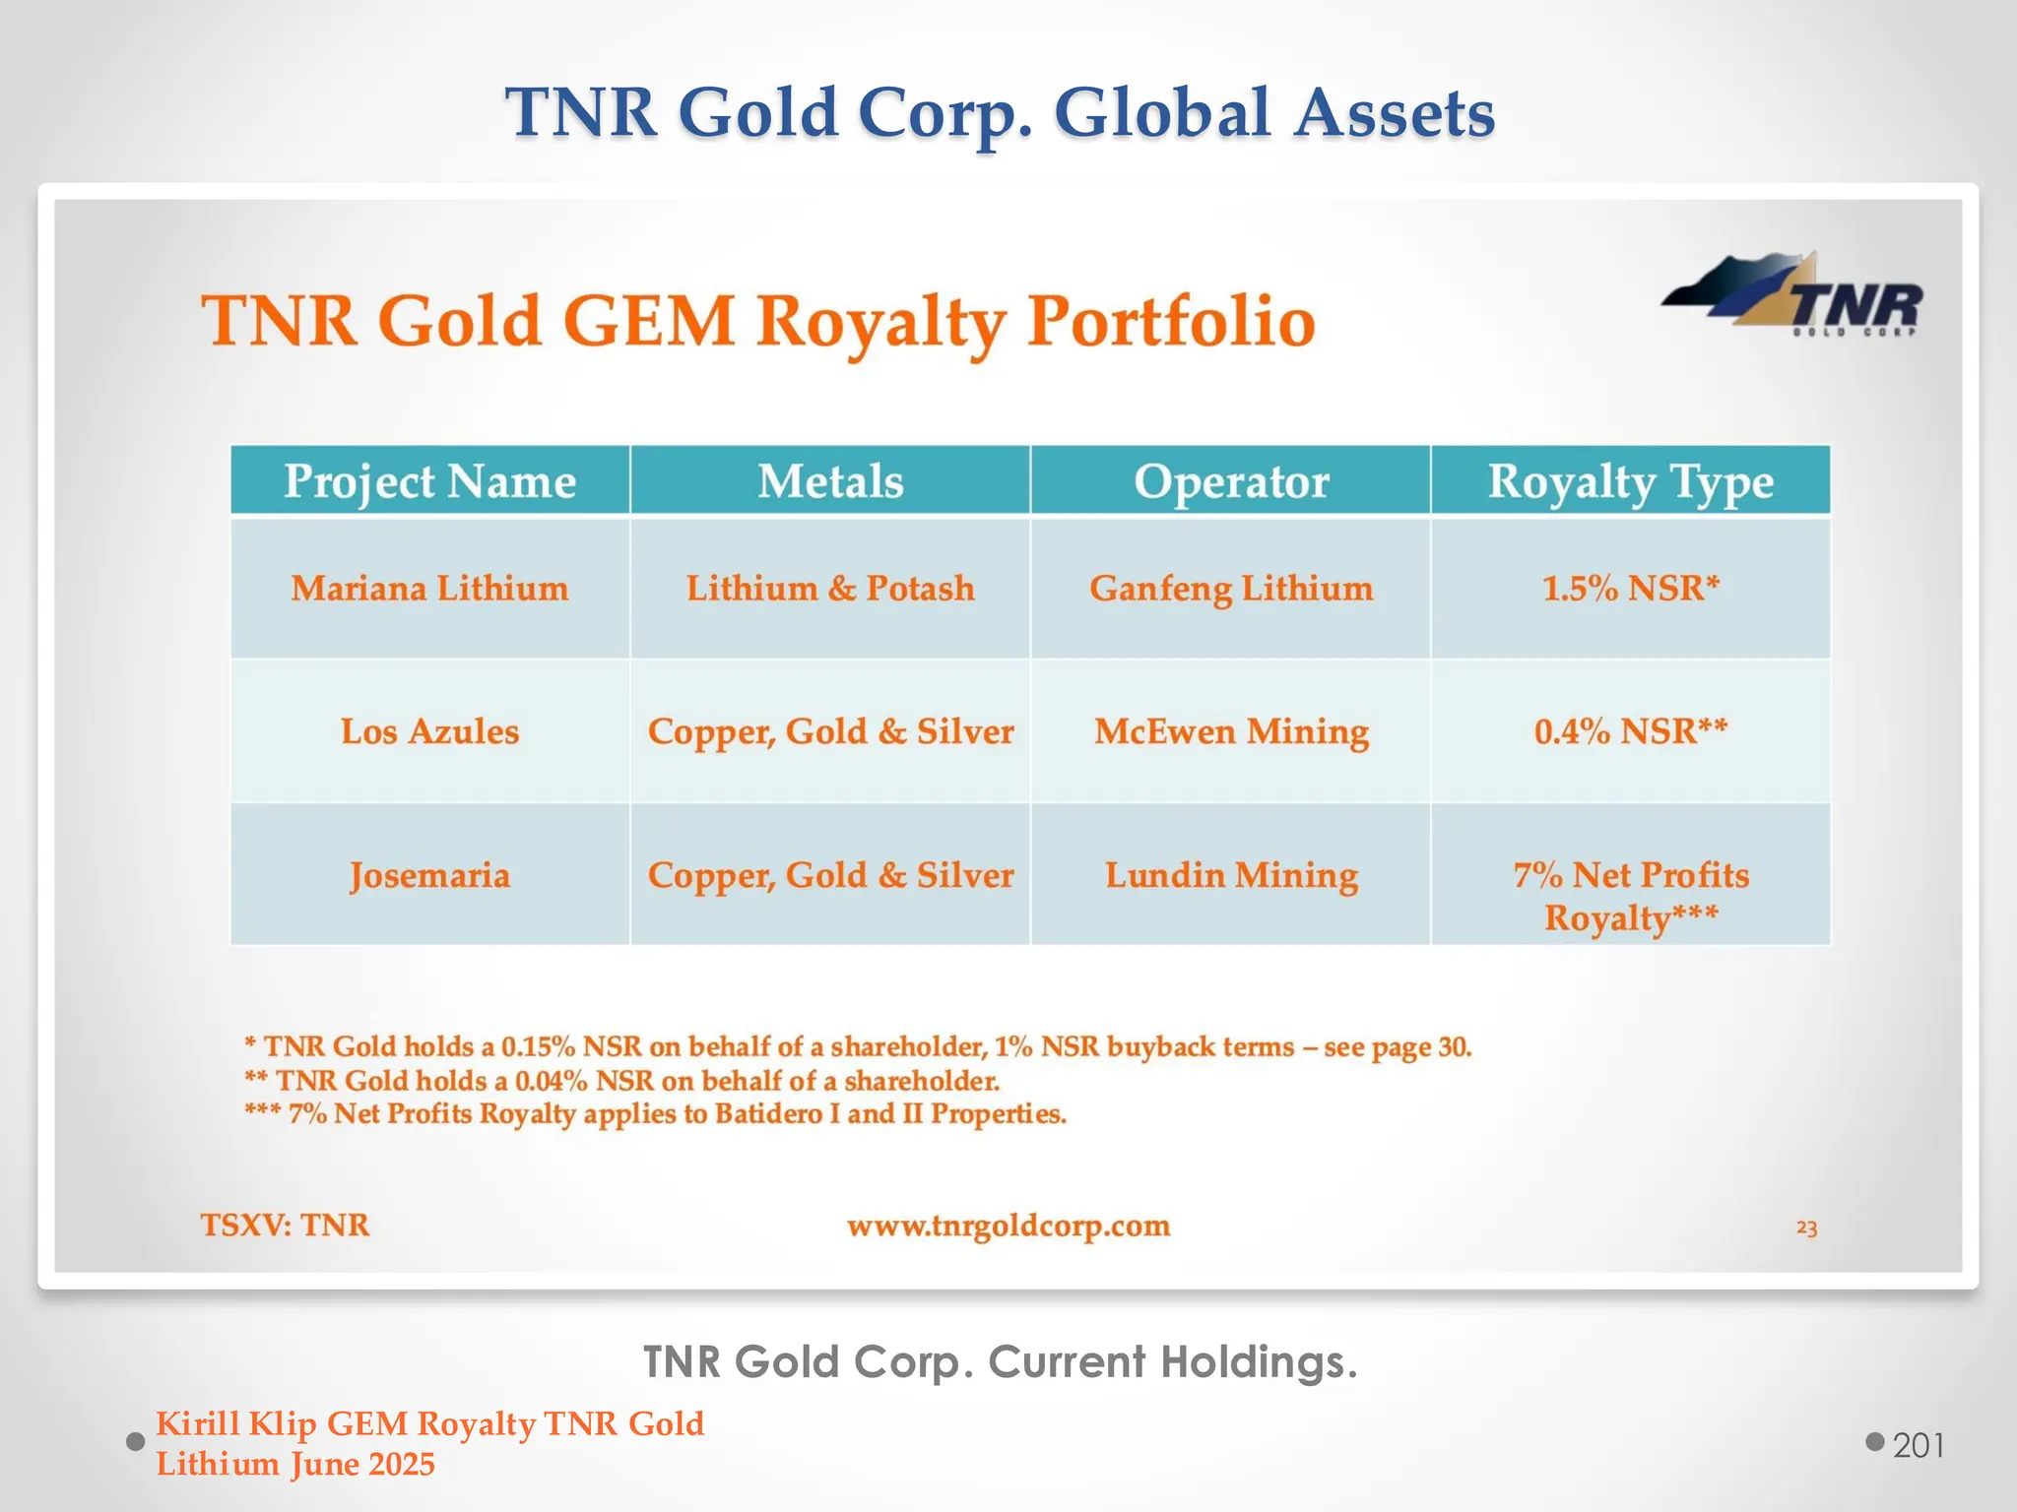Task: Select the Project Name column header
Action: pyautogui.click(x=429, y=481)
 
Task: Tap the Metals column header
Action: pyautogui.click(x=830, y=481)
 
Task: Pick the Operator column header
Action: pyautogui.click(x=1231, y=481)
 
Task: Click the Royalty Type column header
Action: pyautogui.click(x=1631, y=481)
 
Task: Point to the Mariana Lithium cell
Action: pyautogui.click(x=429, y=589)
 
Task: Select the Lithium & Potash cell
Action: pyautogui.click(x=830, y=589)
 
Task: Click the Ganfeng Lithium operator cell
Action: pyautogui.click(x=1231, y=589)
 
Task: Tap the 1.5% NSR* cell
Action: pyautogui.click(x=1631, y=589)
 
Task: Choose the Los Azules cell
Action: pyautogui.click(x=429, y=731)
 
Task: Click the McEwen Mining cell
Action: pyautogui.click(x=1231, y=731)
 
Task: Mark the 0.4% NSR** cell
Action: pyautogui.click(x=1631, y=731)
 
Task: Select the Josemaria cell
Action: pyautogui.click(x=429, y=875)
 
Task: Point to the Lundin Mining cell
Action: pyautogui.click(x=1231, y=875)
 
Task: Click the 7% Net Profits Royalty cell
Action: pyautogui.click(x=1631, y=895)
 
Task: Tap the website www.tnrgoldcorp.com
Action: pyautogui.click(x=1008, y=1226)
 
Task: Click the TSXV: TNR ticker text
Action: pyautogui.click(x=286, y=1226)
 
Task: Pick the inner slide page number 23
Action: pyautogui.click(x=1806, y=1228)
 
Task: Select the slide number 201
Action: pyautogui.click(x=1919, y=1445)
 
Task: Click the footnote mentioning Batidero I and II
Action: pyautogui.click(x=656, y=1114)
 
